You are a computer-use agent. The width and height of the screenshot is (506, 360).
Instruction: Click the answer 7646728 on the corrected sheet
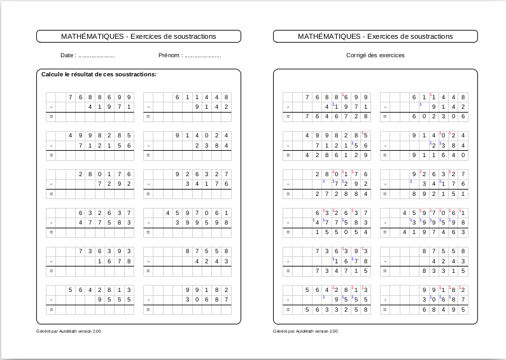(x=336, y=117)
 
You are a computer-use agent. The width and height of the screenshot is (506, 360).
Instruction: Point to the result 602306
(x=439, y=117)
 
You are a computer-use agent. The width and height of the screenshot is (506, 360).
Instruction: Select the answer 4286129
(x=336, y=155)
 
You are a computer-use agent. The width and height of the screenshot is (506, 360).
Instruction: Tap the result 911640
(x=439, y=155)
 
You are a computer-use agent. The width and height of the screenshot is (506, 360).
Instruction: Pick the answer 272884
(x=341, y=194)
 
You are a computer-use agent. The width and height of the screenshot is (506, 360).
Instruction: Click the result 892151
(x=439, y=194)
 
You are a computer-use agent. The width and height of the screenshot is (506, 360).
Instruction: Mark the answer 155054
(x=341, y=233)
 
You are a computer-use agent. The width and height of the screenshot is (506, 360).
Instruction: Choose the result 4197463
(x=435, y=233)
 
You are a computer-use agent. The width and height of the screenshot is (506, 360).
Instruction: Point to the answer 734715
(x=341, y=272)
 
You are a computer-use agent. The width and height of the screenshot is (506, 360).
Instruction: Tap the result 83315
(x=444, y=272)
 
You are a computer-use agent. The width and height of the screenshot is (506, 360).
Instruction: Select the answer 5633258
(x=336, y=310)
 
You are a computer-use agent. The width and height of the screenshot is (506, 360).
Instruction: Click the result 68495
(x=444, y=310)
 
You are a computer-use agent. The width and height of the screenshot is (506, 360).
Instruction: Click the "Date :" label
(x=69, y=55)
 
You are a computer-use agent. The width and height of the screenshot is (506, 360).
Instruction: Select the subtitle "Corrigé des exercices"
(x=375, y=55)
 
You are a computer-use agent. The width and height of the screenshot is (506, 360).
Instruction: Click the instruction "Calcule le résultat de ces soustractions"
(x=99, y=75)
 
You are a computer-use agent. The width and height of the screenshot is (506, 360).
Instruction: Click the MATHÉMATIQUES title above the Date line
(x=139, y=36)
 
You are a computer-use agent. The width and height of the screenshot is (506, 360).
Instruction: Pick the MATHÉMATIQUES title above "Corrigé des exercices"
(x=376, y=36)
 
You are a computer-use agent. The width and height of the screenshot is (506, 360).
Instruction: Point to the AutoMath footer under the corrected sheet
(x=306, y=331)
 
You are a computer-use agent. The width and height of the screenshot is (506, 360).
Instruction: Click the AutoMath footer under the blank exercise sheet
(x=69, y=331)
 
